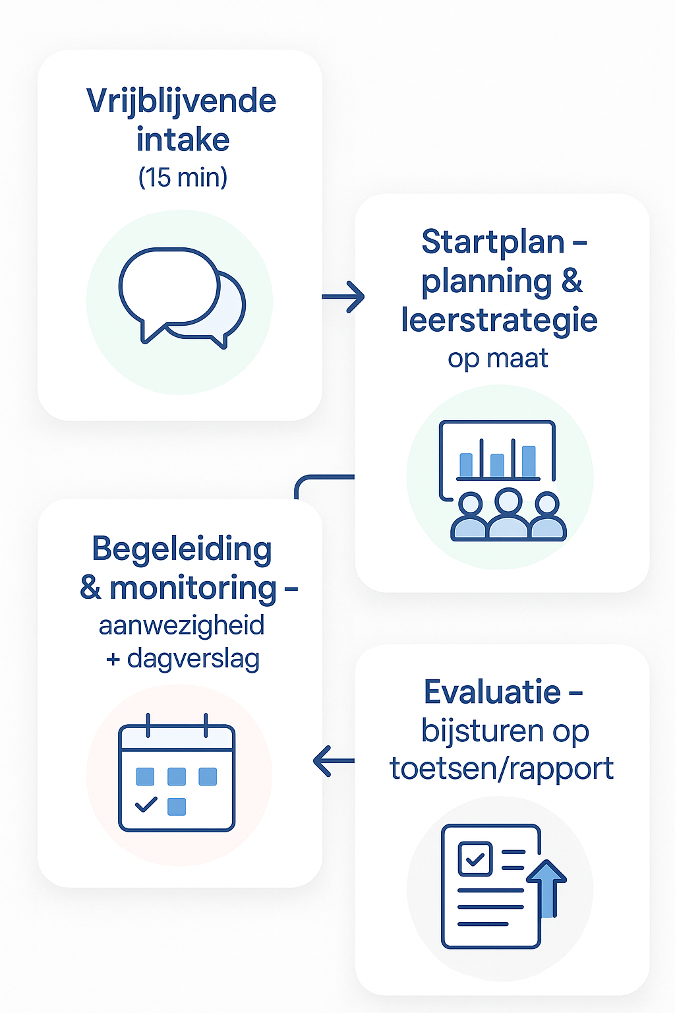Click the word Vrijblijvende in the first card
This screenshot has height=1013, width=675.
181,102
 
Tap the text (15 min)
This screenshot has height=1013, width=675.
183,177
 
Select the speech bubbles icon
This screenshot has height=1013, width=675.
181,297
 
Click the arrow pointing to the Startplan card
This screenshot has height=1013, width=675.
343,297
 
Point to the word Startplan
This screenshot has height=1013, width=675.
493,242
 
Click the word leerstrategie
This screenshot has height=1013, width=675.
499,320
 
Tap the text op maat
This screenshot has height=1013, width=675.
498,358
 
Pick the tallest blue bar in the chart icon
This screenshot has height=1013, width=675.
529,460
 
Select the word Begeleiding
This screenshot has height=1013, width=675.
181,549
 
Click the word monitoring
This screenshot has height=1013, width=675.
193,588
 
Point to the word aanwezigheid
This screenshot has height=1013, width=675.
181,625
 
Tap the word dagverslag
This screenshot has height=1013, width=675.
193,658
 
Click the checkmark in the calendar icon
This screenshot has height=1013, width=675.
146,805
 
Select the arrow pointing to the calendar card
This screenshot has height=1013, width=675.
334,761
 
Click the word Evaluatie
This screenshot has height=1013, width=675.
492,692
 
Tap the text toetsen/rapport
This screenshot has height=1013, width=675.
502,768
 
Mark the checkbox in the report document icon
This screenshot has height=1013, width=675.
475,859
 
